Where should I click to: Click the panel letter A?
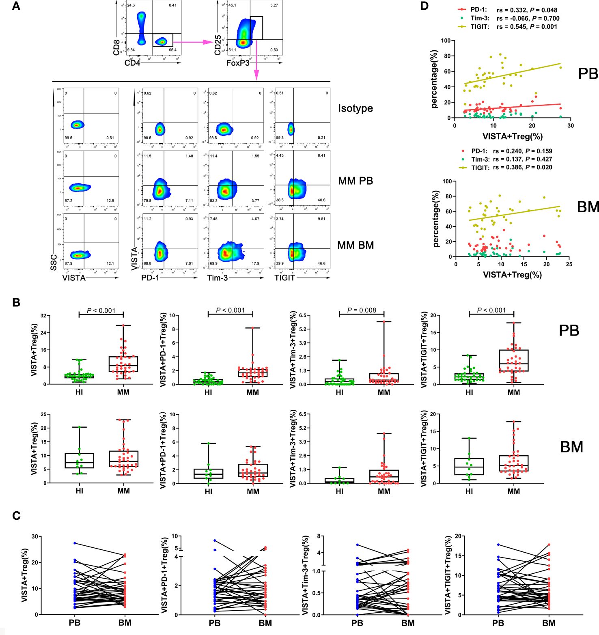[x=16, y=6]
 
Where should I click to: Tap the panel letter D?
[x=424, y=6]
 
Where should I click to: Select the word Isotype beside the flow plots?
[x=355, y=109]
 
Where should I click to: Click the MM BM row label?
[x=356, y=245]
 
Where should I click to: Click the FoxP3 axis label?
[x=238, y=63]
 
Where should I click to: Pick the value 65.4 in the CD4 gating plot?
[x=173, y=50]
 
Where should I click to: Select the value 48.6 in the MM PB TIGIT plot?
[x=321, y=200]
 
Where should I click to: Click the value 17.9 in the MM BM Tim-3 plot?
[x=255, y=263]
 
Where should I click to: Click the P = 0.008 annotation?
[x=362, y=310]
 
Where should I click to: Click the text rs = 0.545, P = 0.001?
[x=527, y=27]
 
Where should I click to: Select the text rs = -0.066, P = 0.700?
[x=528, y=18]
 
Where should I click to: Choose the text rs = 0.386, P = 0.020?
[x=523, y=167]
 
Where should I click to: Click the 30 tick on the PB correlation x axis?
[x=570, y=126]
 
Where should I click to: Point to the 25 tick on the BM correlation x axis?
[x=569, y=264]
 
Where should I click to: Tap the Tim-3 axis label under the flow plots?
[x=218, y=278]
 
